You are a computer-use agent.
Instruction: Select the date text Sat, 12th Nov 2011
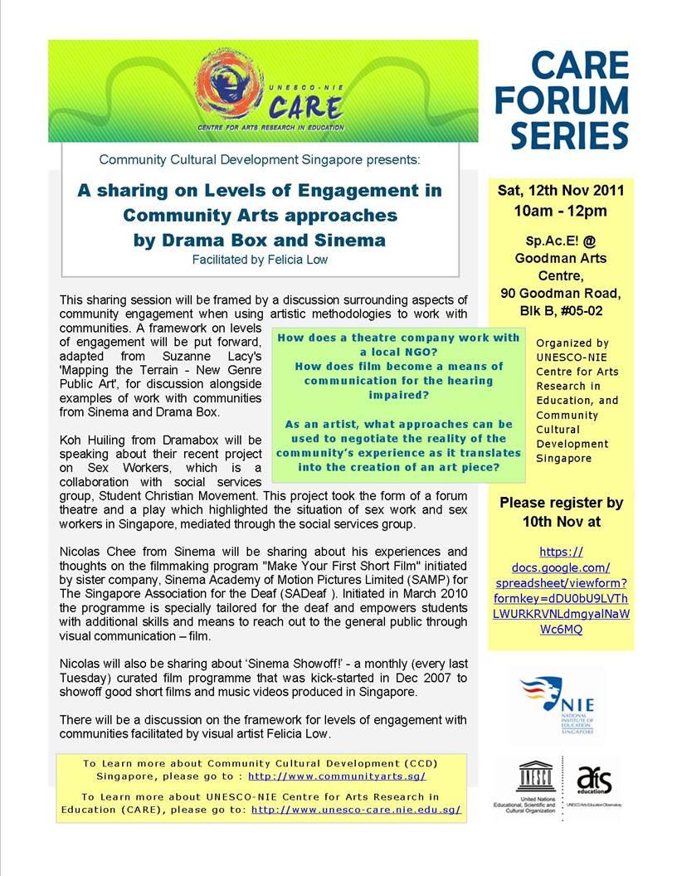561,190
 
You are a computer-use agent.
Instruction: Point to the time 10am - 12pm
561,211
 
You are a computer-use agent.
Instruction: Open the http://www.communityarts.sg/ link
337,776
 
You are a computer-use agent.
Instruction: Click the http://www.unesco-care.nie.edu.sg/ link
356,809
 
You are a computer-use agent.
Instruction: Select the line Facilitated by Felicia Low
260,259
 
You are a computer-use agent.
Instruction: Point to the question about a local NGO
398,344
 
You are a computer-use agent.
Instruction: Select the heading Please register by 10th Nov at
561,512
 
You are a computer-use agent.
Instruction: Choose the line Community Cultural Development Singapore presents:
260,158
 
